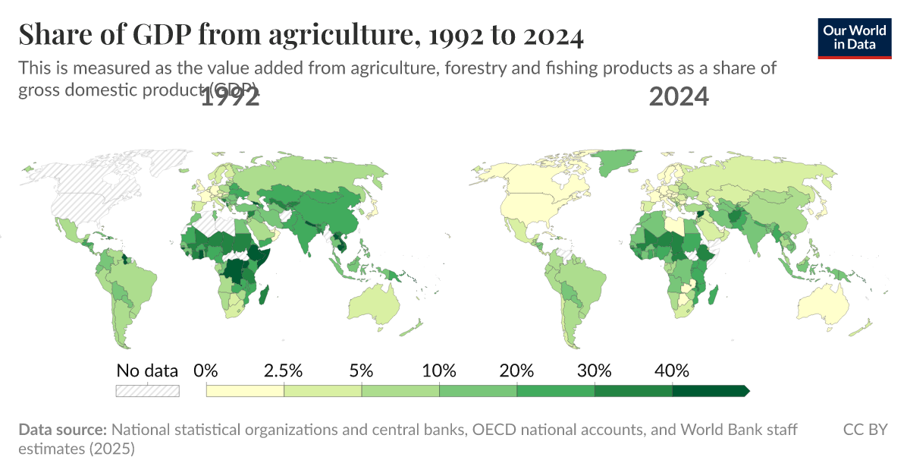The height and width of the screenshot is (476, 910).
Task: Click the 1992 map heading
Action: tap(231, 97)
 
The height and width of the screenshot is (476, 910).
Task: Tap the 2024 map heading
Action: tap(679, 97)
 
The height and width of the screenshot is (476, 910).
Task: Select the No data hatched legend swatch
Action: tap(147, 391)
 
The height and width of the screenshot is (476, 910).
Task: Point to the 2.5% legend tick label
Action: tap(284, 371)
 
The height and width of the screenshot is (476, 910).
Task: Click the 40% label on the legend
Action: tap(672, 371)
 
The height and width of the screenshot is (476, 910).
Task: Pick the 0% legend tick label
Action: tap(206, 371)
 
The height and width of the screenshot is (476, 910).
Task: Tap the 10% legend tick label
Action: tap(439, 371)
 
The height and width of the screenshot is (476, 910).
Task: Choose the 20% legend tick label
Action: tap(517, 371)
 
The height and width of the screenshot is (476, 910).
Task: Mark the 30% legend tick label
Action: tap(595, 371)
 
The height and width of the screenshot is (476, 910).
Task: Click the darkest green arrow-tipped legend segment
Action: tap(710, 391)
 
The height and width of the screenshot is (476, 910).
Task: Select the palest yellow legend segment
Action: tap(245, 391)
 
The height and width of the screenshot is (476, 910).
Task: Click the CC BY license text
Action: tap(865, 430)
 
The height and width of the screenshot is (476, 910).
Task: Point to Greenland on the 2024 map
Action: tap(612, 162)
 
